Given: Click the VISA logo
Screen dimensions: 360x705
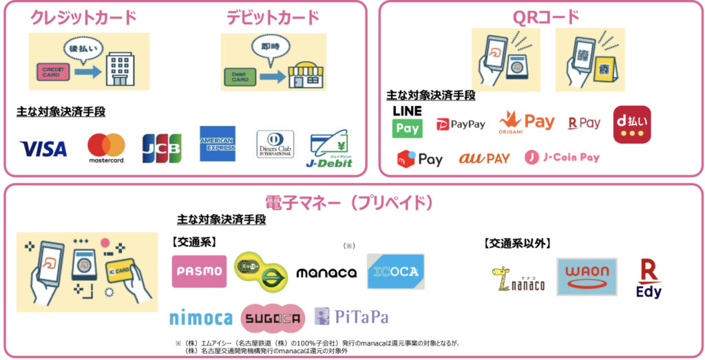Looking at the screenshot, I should (x=43, y=149).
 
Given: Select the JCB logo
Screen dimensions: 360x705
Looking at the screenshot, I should (x=162, y=148).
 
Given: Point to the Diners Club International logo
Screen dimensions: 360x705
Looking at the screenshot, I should (x=275, y=145).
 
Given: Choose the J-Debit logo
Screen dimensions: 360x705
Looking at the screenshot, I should (x=330, y=149).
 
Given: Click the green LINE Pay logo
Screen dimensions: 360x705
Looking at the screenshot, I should (x=407, y=121).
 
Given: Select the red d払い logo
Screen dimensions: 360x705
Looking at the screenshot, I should (x=631, y=124).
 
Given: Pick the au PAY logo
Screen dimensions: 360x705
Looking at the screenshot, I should (x=484, y=158).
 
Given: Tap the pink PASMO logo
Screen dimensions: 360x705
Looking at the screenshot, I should (x=199, y=271).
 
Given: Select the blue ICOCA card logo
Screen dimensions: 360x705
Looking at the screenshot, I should (x=395, y=271).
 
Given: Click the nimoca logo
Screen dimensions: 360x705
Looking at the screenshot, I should (x=201, y=318).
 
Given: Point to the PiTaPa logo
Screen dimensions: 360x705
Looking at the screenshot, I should (x=351, y=317).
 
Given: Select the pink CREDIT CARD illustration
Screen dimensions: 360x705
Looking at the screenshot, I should (x=53, y=72).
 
